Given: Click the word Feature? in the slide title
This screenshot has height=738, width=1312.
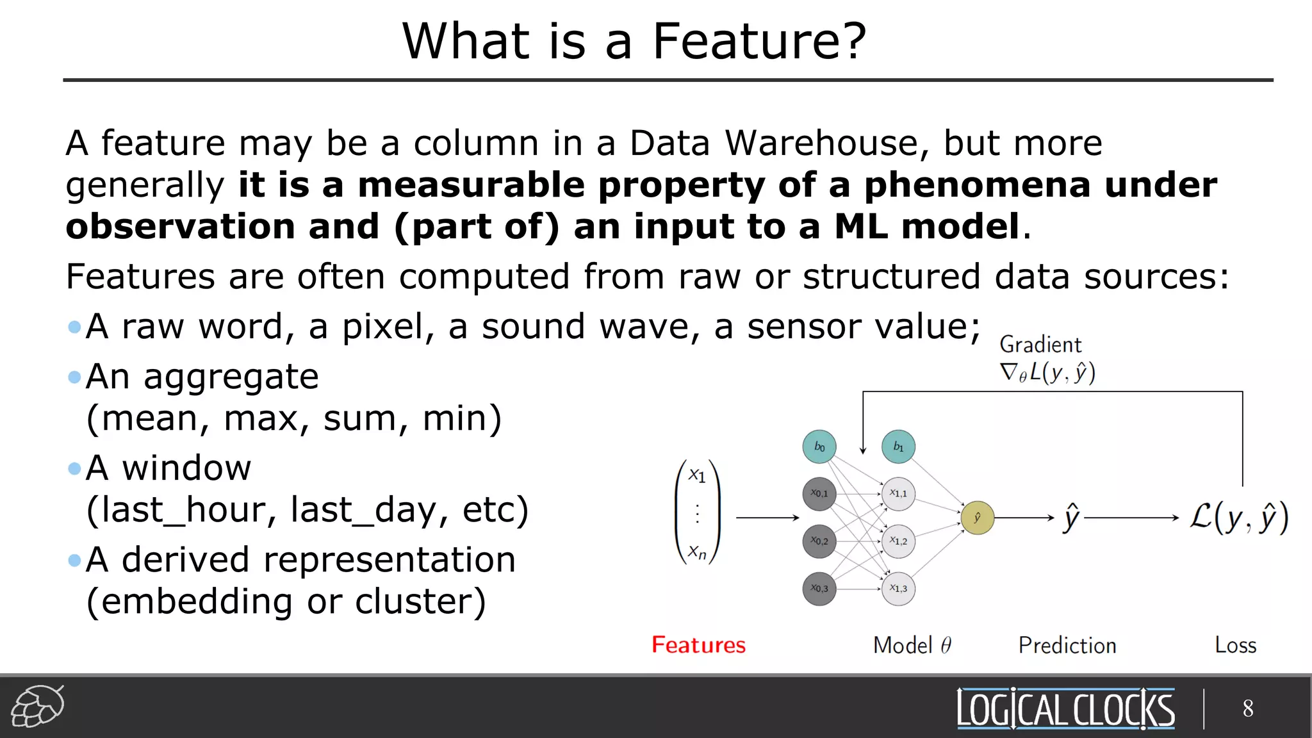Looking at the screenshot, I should [758, 42].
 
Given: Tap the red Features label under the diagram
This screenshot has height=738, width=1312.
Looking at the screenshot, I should [698, 644].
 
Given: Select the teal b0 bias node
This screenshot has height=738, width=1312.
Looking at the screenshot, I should [819, 447].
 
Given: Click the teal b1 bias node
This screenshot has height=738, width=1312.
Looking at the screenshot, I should [898, 447].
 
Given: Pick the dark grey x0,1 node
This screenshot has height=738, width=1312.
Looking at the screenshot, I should [819, 493].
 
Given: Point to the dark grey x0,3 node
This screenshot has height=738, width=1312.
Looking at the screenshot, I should [819, 588].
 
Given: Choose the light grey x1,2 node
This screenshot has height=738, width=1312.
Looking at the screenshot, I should [898, 541].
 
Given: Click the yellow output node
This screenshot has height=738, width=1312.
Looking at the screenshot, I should [977, 518].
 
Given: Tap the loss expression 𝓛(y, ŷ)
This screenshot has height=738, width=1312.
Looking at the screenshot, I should [1239, 518].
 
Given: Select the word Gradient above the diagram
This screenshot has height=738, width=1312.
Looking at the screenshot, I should [1040, 345].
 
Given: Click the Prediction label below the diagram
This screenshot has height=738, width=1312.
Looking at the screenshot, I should [1067, 645].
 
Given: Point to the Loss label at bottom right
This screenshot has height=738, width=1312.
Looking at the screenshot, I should [1235, 645].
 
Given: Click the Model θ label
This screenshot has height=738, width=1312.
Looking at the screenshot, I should [912, 645].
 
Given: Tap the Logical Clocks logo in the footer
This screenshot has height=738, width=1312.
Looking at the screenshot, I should [1065, 709].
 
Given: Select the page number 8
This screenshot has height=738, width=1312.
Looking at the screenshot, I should [1248, 709].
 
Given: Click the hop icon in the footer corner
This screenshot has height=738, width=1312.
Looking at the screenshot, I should [38, 706].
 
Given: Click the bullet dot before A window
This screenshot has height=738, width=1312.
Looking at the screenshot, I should [74, 469].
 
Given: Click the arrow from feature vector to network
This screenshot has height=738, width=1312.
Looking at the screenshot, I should [767, 517].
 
